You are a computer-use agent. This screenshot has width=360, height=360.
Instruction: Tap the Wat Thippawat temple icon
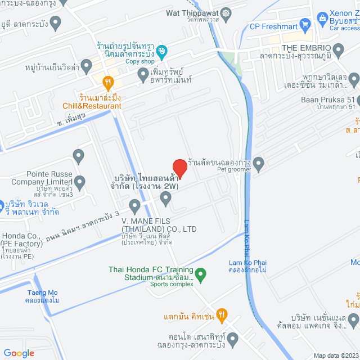[226, 13]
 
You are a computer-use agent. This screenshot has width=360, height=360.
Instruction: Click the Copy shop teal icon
[161, 52]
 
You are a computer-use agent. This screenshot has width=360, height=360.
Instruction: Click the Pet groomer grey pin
[259, 164]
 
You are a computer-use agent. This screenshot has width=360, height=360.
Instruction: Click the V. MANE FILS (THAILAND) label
[159, 225]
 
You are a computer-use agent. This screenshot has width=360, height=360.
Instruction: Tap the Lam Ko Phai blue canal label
[247, 263]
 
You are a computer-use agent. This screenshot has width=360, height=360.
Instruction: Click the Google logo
[19, 353]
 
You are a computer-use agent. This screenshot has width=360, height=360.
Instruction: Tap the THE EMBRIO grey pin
[338, 52]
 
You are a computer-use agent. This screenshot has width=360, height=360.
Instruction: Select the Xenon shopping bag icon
[322, 17]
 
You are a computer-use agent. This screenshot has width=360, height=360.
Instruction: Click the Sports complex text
[171, 284]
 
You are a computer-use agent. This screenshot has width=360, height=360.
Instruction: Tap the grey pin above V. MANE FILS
[165, 197]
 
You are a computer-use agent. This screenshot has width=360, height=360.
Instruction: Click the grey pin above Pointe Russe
[78, 155]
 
